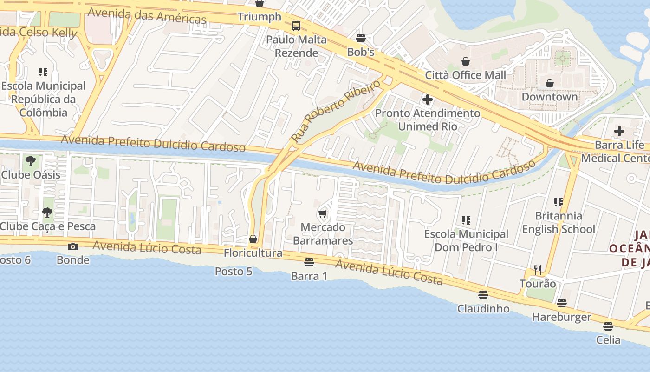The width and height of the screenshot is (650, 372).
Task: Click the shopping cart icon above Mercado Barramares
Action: coord(323,214)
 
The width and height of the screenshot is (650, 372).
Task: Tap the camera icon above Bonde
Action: coord(73,246)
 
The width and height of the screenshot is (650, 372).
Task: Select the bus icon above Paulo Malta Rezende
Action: coord(296,26)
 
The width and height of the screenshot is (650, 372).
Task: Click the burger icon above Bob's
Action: coord(361,38)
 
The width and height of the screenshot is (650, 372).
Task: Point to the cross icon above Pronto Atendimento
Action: coord(427,99)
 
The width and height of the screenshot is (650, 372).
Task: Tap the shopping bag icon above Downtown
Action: coord(550,83)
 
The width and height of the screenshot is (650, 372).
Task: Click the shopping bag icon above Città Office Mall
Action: coord(465,61)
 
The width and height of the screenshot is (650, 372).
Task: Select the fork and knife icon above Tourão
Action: coord(538,270)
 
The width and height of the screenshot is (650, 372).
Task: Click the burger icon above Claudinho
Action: coord(483,295)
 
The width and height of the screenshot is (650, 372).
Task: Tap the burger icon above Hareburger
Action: coord(562,303)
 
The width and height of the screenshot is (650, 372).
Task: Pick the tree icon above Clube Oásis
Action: coord(31,161)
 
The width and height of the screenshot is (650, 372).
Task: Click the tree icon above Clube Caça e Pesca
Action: coord(47,213)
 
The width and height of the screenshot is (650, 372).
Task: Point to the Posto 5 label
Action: coord(234,271)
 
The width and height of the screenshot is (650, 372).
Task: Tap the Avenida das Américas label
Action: coord(147,15)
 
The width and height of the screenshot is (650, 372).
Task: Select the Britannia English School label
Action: coord(559,222)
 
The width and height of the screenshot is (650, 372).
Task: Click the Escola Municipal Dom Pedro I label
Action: coord(466,240)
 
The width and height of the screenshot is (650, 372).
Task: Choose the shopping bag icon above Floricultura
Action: coord(253,239)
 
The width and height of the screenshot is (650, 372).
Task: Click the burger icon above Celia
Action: coord(608,326)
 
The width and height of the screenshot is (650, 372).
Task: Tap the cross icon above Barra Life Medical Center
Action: coord(619,131)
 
